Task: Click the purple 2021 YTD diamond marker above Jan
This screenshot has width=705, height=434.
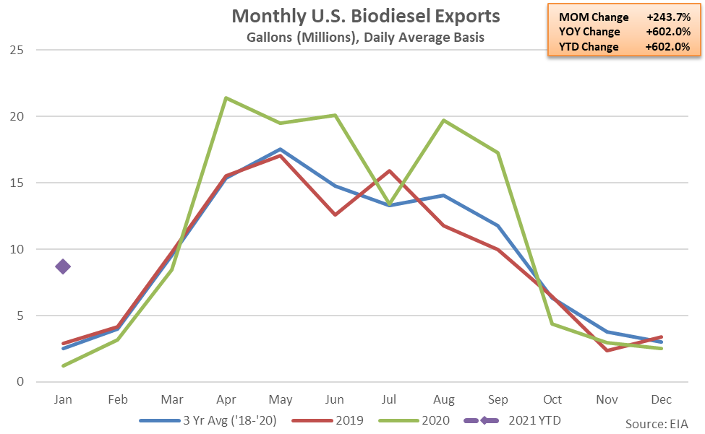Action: [63, 266]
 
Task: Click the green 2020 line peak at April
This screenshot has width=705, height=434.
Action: [226, 97]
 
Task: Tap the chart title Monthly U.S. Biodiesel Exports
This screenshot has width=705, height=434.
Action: [365, 16]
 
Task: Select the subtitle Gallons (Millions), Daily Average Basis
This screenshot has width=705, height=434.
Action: [365, 38]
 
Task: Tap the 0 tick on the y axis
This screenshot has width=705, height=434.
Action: [20, 382]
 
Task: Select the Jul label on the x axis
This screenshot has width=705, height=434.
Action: [390, 399]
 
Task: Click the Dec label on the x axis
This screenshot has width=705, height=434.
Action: [661, 399]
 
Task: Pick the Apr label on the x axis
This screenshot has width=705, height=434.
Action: [226, 399]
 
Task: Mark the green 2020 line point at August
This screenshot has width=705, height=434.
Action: [444, 121]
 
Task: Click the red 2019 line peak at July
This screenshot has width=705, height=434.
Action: [390, 171]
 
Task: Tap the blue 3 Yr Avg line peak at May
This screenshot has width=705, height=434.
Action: [281, 149]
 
